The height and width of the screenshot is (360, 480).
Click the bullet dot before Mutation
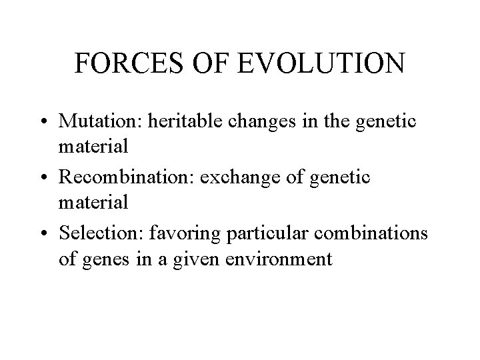45,122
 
